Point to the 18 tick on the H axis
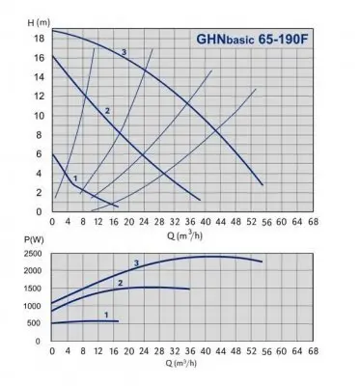pyautogui.click(x=39, y=38)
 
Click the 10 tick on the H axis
pyautogui.click(x=39, y=115)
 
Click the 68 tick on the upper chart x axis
pyautogui.click(x=315, y=220)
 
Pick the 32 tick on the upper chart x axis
pyautogui.click(x=176, y=220)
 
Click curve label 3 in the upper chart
pyautogui.click(x=124, y=51)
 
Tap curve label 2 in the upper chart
pyautogui.click(x=107, y=112)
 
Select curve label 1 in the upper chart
pyautogui.click(x=74, y=177)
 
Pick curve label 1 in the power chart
pyautogui.click(x=105, y=315)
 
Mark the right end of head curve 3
pyautogui.click(x=262, y=183)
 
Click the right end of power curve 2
pyautogui.click(x=189, y=289)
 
